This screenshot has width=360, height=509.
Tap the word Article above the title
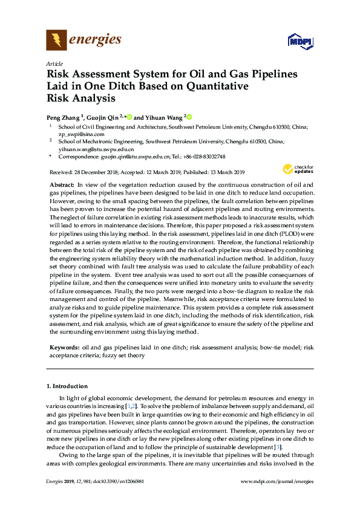[x=54, y=63]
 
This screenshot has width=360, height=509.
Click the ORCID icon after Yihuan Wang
[x=189, y=117]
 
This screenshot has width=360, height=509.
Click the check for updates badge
[x=296, y=169]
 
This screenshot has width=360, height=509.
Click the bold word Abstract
[x=61, y=184]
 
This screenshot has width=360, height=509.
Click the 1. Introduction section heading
[x=67, y=386]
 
